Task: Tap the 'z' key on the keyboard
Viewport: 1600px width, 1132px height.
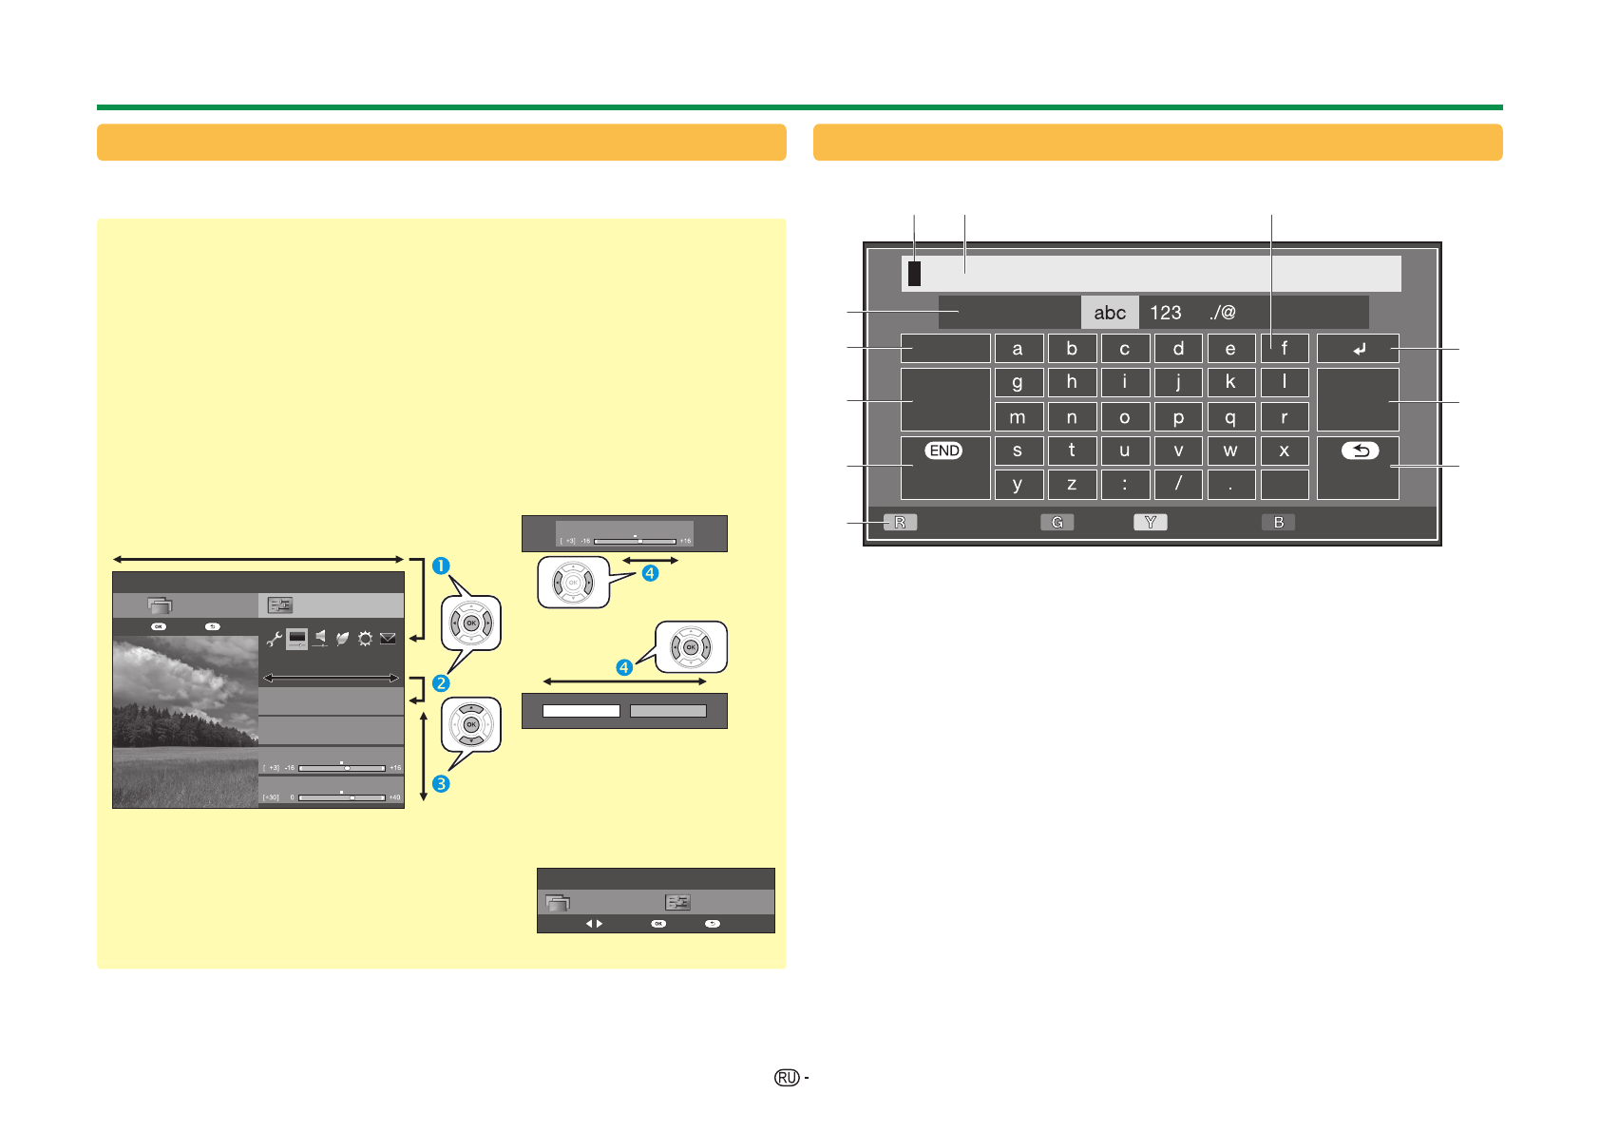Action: (x=1071, y=484)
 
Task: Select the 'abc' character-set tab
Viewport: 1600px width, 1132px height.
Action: (x=1110, y=313)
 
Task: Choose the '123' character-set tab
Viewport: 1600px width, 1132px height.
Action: (x=1166, y=313)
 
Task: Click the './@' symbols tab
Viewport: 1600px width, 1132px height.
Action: (x=1223, y=313)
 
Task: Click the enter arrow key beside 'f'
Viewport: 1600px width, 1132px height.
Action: (x=1359, y=349)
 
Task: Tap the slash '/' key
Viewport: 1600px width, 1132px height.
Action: (x=1178, y=484)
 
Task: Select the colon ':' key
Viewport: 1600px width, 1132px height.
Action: (x=1125, y=484)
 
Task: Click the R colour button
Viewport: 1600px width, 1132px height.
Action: (x=900, y=522)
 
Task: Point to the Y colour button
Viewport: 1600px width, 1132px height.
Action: (x=1150, y=522)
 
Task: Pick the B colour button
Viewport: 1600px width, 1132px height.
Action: (x=1279, y=522)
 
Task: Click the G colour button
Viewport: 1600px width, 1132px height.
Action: (x=1057, y=522)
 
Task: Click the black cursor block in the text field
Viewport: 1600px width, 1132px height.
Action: (x=914, y=274)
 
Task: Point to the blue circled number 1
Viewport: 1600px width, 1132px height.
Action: (x=441, y=566)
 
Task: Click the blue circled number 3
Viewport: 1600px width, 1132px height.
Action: (x=441, y=784)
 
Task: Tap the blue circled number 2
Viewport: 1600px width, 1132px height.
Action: (x=441, y=683)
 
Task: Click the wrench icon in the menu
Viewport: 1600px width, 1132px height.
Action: (x=274, y=640)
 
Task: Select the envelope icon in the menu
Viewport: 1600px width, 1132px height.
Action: (x=388, y=640)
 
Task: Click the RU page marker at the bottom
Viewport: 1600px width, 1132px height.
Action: (x=787, y=1078)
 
